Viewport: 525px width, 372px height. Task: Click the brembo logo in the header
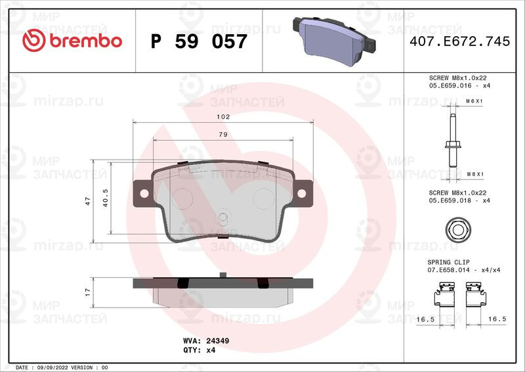click(x=72, y=41)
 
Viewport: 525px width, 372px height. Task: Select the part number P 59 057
click(x=199, y=41)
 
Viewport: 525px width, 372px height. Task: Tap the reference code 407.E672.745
click(x=460, y=41)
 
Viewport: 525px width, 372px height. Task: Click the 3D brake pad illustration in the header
click(x=334, y=41)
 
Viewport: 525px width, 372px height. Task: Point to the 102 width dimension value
click(x=223, y=117)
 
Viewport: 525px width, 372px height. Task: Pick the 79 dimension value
click(x=223, y=135)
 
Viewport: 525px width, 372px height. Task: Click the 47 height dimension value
click(x=88, y=201)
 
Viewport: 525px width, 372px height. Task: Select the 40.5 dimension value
click(x=106, y=198)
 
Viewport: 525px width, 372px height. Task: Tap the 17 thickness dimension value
click(x=88, y=292)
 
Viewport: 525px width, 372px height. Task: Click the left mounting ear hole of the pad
click(x=144, y=193)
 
